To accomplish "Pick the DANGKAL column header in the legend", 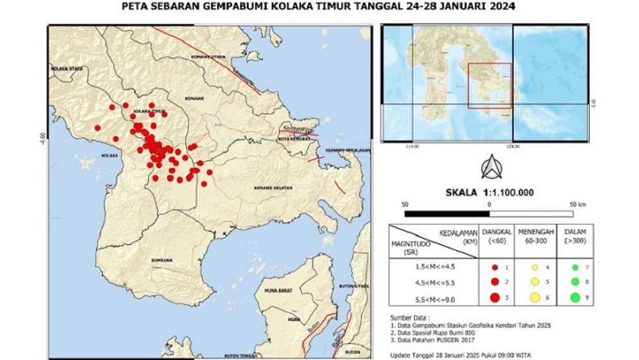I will (x=497, y=234).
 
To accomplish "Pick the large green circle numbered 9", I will (x=573, y=299).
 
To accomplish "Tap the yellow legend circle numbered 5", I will (x=534, y=282).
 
